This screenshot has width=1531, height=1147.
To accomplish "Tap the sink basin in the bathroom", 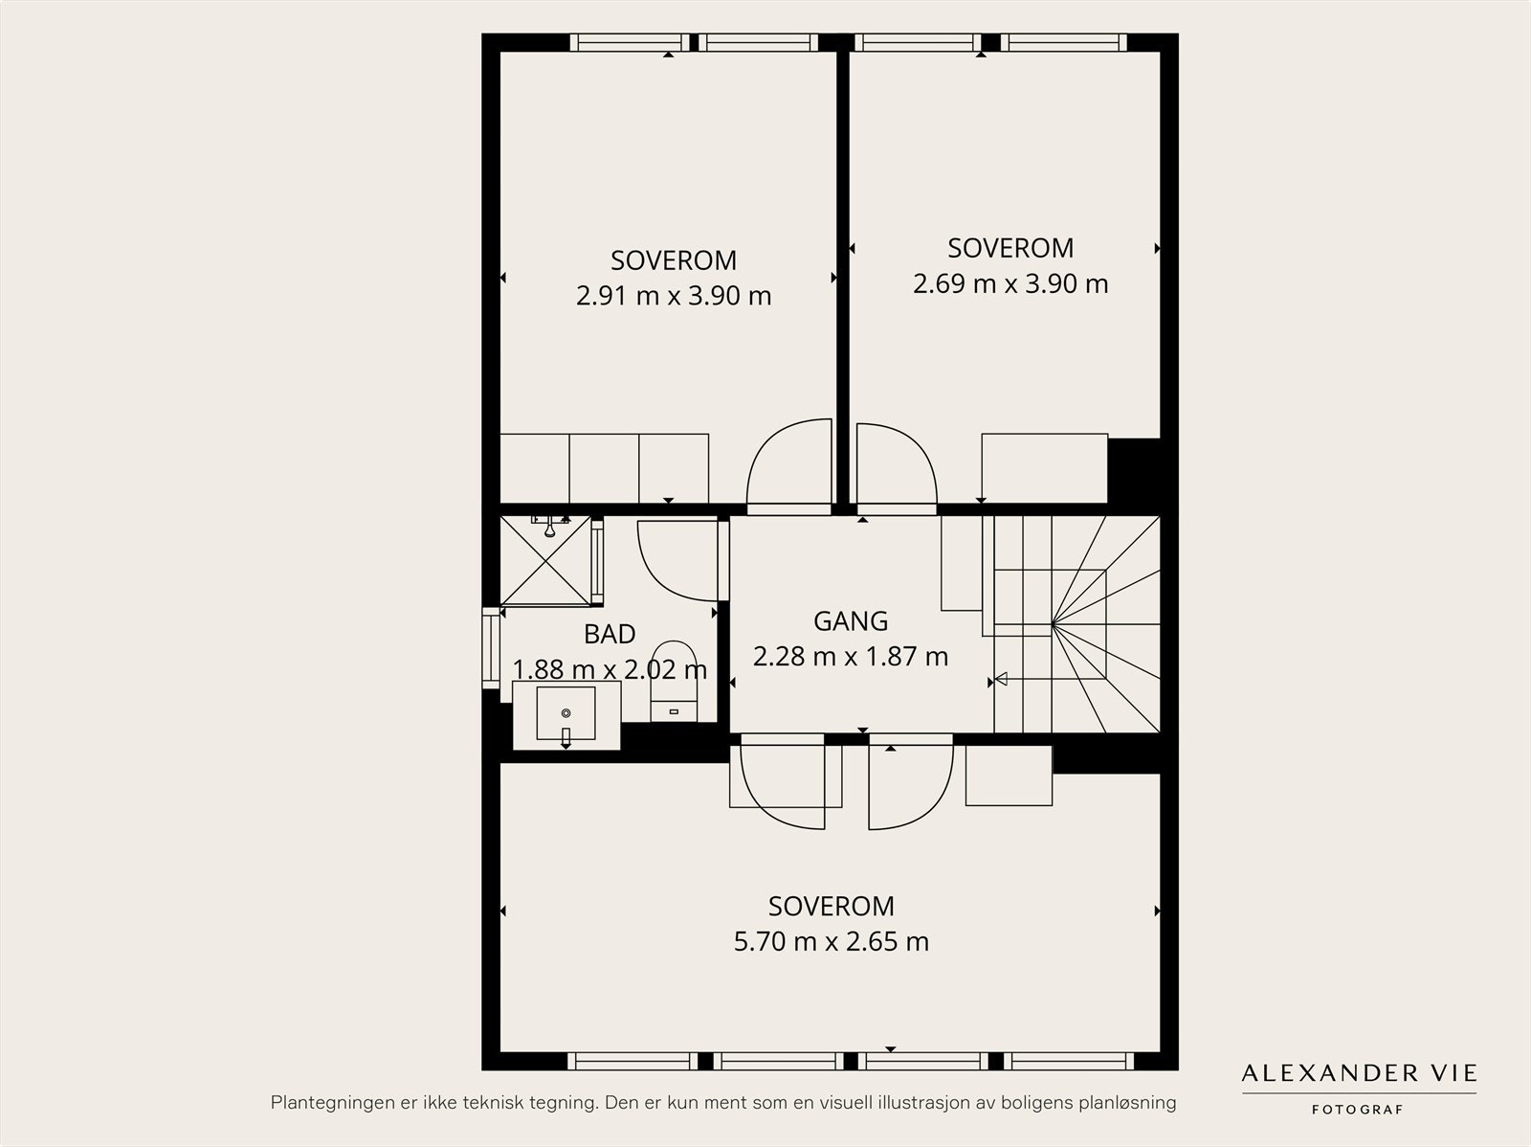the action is (566, 713).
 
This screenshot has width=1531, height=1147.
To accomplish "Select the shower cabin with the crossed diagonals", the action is (546, 560).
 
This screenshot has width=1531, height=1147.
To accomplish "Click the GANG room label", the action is (851, 621).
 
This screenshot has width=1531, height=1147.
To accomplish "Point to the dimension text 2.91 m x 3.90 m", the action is (674, 296).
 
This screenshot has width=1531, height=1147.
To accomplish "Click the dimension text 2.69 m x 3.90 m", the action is (1010, 284).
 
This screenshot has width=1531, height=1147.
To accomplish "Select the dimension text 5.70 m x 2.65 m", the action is (832, 942).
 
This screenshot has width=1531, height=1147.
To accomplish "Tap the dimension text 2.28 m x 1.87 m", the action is (851, 657).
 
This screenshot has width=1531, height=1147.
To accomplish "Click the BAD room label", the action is (610, 634).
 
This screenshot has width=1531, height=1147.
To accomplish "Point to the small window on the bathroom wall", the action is (491, 648).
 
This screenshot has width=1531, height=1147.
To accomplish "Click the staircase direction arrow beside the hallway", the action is (1000, 678).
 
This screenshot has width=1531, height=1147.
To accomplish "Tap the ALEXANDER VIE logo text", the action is (1359, 1073).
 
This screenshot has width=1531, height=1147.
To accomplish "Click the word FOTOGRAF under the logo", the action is (1357, 1110).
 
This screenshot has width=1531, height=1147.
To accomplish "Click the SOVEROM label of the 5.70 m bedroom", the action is (832, 907).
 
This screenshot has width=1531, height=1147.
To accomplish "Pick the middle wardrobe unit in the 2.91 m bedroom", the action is (604, 468).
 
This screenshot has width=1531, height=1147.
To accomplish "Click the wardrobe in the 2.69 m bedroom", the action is (1044, 468).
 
